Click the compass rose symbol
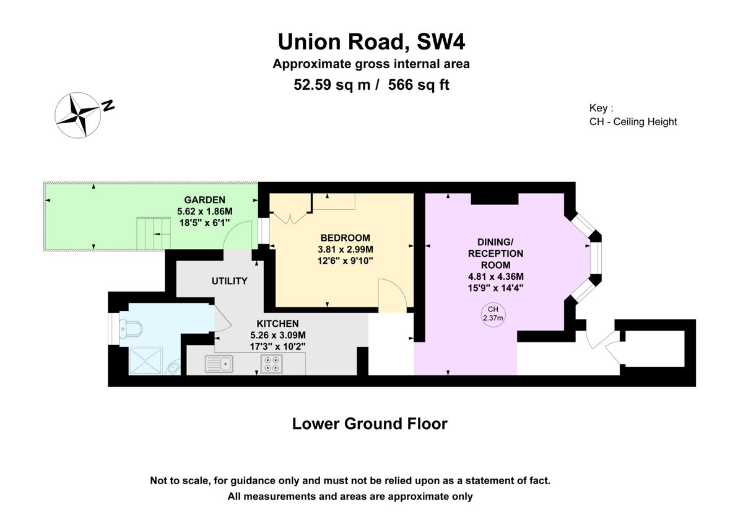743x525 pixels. click(x=77, y=115)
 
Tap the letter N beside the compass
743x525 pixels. click(x=108, y=105)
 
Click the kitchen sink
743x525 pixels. click(x=219, y=363)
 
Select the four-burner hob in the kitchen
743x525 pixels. click(x=272, y=364)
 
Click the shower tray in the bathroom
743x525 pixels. click(x=146, y=361)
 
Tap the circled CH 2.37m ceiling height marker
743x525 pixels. click(x=493, y=315)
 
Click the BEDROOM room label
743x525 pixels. click(x=345, y=238)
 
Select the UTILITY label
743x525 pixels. click(x=230, y=281)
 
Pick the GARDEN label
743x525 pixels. click(x=205, y=200)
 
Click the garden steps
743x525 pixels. click(x=154, y=233)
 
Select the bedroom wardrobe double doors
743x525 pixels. click(x=290, y=219)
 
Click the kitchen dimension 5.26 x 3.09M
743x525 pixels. click(x=278, y=336)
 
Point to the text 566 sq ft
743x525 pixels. click(x=419, y=85)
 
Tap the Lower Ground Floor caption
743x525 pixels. click(x=370, y=424)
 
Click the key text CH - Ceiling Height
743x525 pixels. click(x=633, y=122)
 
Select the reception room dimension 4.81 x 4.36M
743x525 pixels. click(x=496, y=277)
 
